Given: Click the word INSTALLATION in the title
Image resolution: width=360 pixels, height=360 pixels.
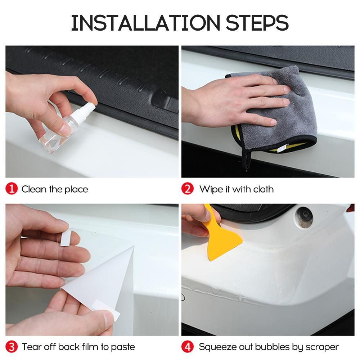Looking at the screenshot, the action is [x=145, y=23].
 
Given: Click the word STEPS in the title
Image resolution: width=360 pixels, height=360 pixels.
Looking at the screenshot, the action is [x=257, y=23].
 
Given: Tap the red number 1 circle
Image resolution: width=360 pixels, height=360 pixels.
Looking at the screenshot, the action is [x=12, y=189].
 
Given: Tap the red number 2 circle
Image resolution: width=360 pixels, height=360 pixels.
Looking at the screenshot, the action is [x=187, y=189].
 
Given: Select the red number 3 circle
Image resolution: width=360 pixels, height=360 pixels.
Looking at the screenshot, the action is [x=12, y=347].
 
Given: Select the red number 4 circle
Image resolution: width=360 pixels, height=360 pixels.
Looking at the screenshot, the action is [x=187, y=347].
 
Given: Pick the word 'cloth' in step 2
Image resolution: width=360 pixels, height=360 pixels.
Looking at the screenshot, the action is [x=264, y=189].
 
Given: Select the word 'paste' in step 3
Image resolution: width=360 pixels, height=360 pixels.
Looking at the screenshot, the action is [x=123, y=347].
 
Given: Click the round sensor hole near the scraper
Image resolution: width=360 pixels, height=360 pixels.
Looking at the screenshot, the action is [x=305, y=217].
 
